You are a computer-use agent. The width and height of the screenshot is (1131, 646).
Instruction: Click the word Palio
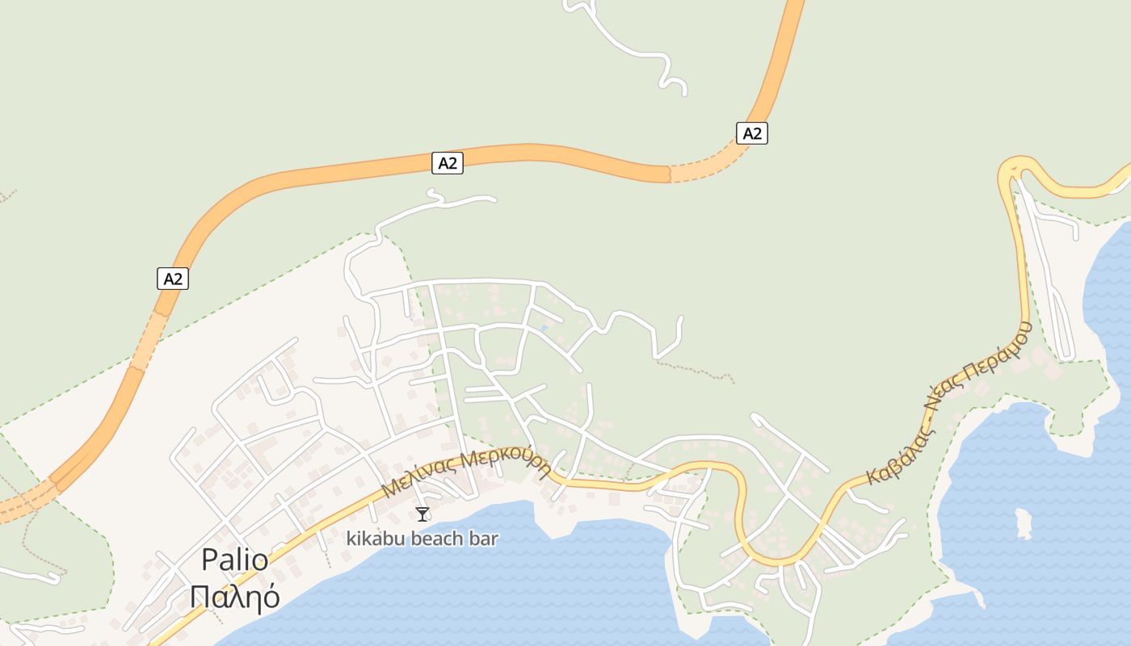pos(234,560)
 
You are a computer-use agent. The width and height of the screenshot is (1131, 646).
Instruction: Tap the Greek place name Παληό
pos(234,597)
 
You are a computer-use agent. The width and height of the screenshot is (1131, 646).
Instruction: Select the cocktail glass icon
pos(422,514)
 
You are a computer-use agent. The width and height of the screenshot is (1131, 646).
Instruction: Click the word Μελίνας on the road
pos(420,477)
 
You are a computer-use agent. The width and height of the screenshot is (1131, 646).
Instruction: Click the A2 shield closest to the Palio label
pos(172,279)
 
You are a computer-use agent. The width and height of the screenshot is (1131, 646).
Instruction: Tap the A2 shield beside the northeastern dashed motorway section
pos(751,133)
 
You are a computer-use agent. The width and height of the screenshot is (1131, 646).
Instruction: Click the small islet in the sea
pos(1024,522)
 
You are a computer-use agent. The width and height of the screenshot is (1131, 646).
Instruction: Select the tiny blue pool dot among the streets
pos(545,326)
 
